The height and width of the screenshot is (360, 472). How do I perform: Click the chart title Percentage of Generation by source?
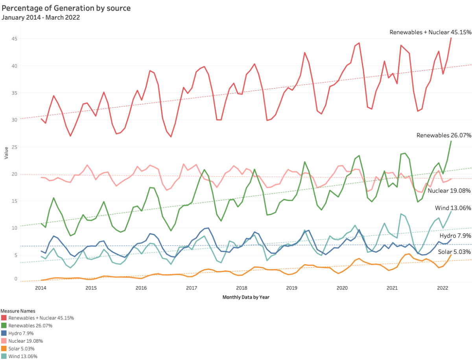pos(66,8)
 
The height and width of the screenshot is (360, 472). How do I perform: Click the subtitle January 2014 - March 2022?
pos(41,17)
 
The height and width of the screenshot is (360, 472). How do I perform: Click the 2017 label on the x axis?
pos(192,288)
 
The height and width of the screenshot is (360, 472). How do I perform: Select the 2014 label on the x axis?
pos(41,288)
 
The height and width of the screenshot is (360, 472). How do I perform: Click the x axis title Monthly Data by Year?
pos(246,297)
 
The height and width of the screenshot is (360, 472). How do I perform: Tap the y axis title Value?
pos(6,154)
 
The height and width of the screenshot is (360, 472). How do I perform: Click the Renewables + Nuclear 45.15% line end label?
pos(430,32)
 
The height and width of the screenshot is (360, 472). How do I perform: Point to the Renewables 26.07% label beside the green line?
pos(444,135)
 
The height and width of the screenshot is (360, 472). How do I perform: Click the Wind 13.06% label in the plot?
pos(453,208)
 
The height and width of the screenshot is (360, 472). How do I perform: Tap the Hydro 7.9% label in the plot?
pos(455,236)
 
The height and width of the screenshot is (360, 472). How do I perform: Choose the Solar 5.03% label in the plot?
pos(454,252)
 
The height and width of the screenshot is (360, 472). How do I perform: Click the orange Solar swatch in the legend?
pos(4,349)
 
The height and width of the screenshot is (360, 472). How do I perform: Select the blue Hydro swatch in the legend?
pos(4,333)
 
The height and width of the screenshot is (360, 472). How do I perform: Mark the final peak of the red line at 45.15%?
pos(451,38)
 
